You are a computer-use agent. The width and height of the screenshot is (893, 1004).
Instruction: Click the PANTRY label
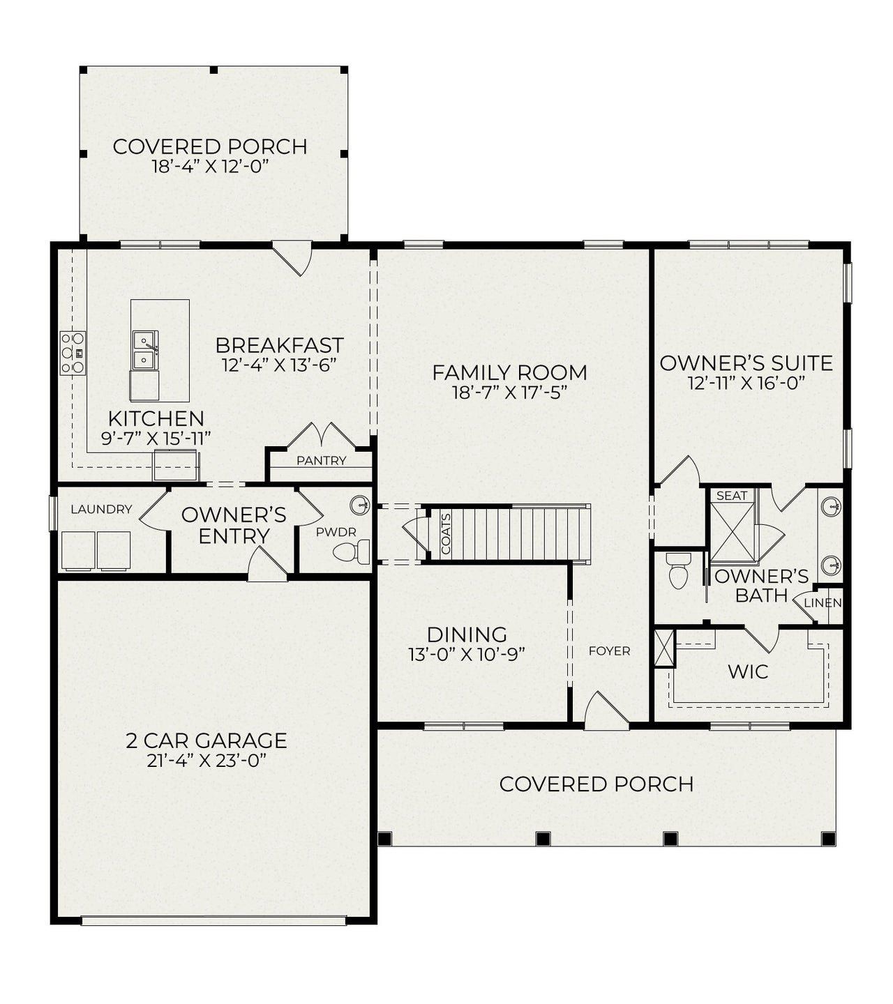(321, 461)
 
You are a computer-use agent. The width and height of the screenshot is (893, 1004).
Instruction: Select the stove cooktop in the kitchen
(73, 353)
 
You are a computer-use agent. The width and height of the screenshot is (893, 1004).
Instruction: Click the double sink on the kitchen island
(145, 351)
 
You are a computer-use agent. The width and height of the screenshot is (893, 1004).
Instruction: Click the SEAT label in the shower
(732, 496)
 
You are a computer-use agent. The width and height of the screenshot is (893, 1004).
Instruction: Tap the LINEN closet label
(823, 603)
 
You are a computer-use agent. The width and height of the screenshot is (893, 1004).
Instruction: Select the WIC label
(748, 672)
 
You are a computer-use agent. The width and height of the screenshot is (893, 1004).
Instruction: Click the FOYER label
(609, 651)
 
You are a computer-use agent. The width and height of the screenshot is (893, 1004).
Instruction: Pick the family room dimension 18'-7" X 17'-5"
(509, 393)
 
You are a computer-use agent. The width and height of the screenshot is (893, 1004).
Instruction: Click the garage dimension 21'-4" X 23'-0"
(207, 761)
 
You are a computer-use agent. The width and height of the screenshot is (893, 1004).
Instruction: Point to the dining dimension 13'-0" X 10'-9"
(467, 655)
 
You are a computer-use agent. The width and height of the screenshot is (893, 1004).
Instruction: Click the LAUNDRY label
(101, 510)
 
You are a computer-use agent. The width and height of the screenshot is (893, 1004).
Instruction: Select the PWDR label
(336, 533)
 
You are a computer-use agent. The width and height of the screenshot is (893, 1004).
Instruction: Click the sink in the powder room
(359, 504)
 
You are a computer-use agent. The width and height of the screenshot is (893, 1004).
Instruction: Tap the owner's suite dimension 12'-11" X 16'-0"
(746, 383)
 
